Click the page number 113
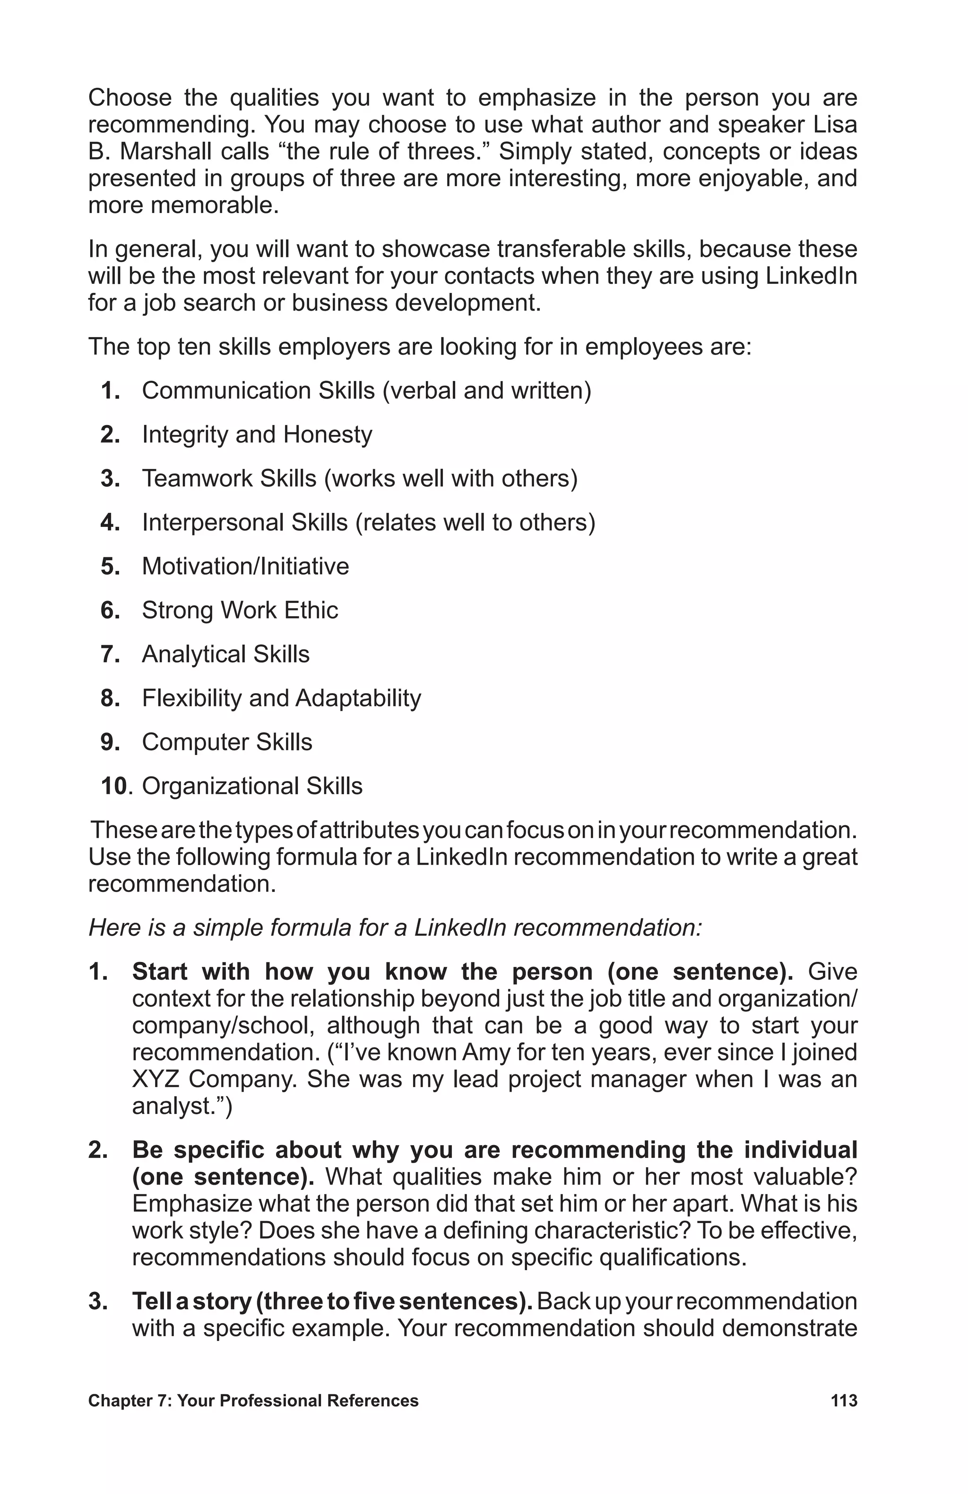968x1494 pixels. tap(843, 1401)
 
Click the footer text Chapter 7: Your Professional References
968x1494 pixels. tap(253, 1401)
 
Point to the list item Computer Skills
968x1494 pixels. tap(227, 742)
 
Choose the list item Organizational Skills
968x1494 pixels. tap(252, 786)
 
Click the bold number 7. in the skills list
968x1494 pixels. tap(110, 654)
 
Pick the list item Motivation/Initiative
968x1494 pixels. tap(245, 566)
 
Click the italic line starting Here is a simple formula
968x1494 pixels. tap(395, 927)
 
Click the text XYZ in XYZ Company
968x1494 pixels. tap(156, 1079)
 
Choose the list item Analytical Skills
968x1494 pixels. tap(225, 654)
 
